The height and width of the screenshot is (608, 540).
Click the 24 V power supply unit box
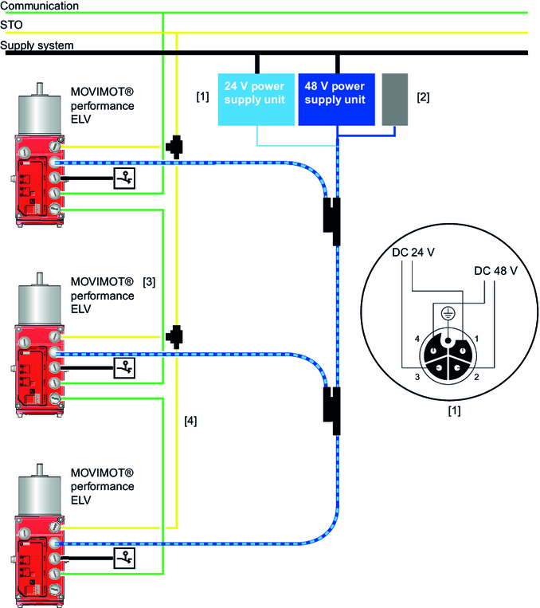[x=256, y=100]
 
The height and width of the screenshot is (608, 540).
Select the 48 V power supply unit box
[x=336, y=100]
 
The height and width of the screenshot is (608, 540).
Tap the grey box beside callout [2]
[x=394, y=100]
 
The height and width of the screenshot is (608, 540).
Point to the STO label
[x=12, y=25]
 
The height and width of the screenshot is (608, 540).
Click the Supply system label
[x=37, y=45]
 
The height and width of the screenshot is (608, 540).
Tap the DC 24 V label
[x=413, y=253]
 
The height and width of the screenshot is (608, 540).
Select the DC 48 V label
[x=496, y=271]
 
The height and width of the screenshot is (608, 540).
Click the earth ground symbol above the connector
[x=447, y=312]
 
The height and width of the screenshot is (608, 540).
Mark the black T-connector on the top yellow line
[x=173, y=147]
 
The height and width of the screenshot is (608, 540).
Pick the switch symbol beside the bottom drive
[x=124, y=556]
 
